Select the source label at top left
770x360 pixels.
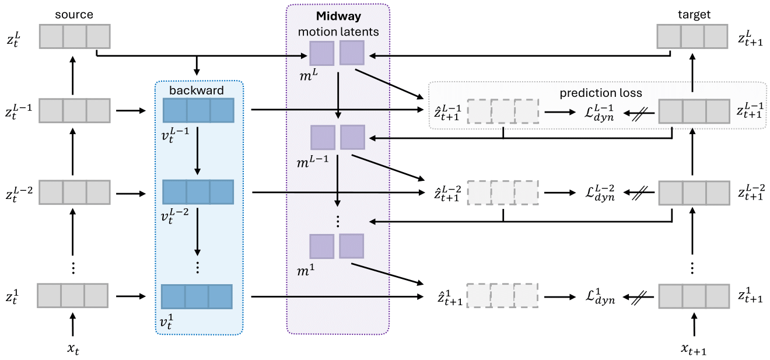(x=74, y=14)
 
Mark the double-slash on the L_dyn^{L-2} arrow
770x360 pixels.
(x=639, y=193)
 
